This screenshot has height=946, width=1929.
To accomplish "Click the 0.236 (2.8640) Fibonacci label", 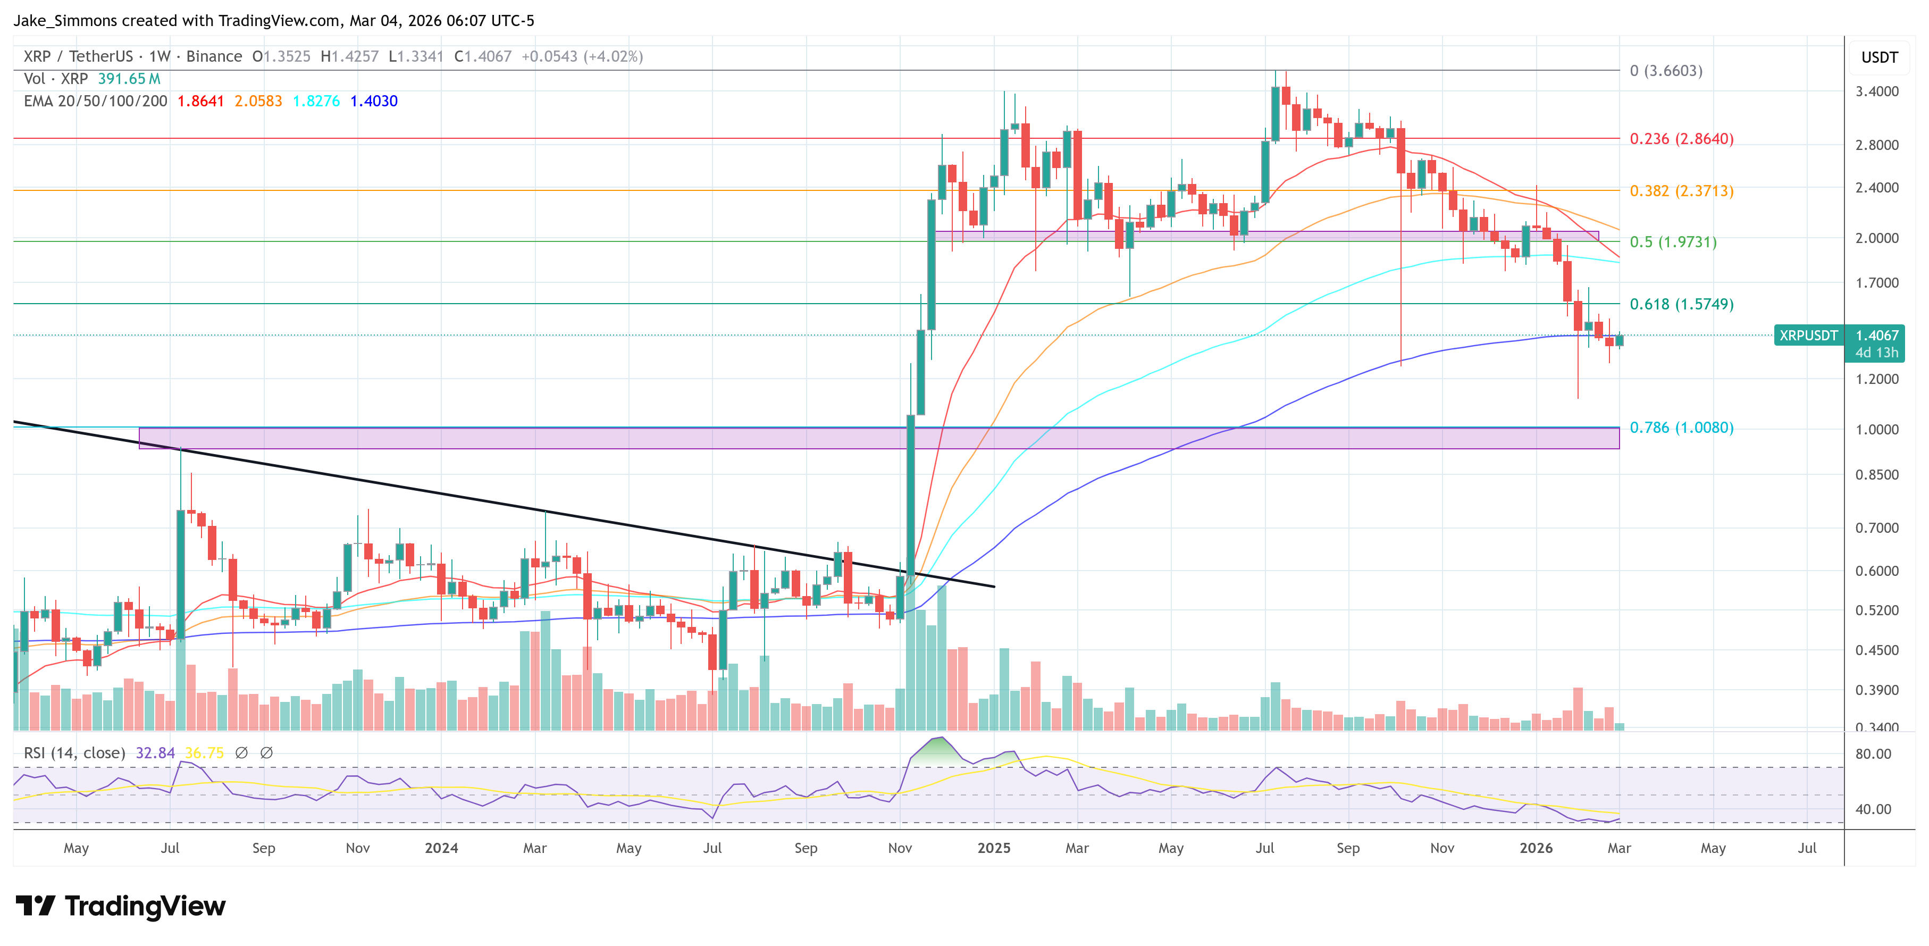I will (1681, 139).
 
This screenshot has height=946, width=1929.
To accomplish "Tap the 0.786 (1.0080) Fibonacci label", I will (1681, 428).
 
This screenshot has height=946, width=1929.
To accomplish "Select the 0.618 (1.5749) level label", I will (1681, 304).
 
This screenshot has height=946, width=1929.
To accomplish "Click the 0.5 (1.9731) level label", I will (1673, 242).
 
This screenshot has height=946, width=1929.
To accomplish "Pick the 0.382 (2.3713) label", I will (1681, 191).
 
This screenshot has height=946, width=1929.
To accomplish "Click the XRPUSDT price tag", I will (1808, 336).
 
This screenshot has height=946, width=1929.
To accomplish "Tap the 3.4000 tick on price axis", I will (1876, 91).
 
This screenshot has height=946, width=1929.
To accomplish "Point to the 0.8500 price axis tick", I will (1876, 475).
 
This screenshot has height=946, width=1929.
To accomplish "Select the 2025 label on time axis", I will (993, 848).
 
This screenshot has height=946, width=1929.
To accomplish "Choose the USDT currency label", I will (1879, 57).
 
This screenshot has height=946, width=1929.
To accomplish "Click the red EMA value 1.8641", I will (200, 101).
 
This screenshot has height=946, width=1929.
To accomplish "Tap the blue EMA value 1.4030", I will (374, 101).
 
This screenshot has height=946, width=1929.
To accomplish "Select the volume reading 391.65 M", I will (129, 79).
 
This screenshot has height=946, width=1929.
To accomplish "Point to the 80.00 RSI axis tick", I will (1872, 754).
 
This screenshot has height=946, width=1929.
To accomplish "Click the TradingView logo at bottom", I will (120, 906).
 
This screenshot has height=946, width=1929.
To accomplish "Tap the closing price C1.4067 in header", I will (482, 56).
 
